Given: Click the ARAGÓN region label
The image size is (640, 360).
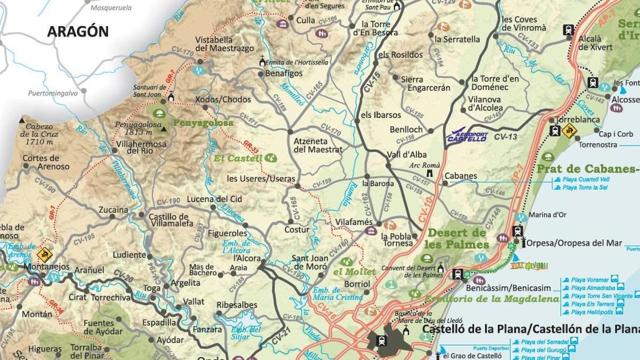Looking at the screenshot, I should [78, 31].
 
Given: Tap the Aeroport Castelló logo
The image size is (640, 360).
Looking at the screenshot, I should [467, 136].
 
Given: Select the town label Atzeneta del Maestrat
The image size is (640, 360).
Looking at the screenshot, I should [318, 145].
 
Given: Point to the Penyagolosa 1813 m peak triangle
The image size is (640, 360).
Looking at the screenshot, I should [163, 129].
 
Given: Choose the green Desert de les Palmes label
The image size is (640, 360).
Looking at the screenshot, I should [458, 238].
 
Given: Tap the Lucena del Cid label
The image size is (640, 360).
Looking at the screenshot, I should [214, 199].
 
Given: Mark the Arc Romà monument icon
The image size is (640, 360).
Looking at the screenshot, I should [429, 174].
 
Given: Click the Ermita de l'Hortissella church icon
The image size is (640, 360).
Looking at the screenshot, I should [262, 61].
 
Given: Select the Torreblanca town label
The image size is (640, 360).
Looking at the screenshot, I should [578, 120].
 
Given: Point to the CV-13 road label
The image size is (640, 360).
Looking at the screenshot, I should [506, 137].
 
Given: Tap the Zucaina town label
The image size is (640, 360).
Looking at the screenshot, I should [113, 210].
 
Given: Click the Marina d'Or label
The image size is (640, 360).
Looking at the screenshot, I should [547, 215].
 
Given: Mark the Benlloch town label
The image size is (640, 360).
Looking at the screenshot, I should [406, 130].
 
